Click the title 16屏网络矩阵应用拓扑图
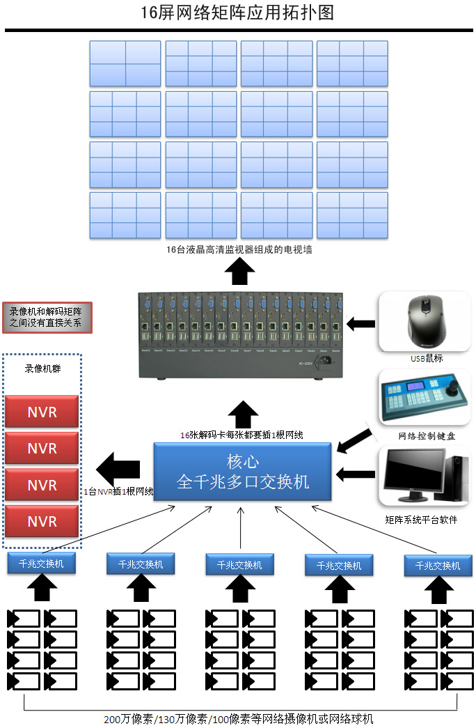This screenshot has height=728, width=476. pyautogui.click(x=237, y=13)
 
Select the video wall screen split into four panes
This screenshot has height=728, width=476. pyautogui.click(x=125, y=63)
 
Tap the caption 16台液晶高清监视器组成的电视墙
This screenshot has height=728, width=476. pyautogui.click(x=239, y=249)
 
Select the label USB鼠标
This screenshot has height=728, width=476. pyautogui.click(x=426, y=358)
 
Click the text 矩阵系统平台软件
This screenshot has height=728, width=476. pyautogui.click(x=421, y=520)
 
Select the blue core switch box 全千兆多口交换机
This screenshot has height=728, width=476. pyautogui.click(x=242, y=472)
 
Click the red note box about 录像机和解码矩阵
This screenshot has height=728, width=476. pyautogui.click(x=47, y=318)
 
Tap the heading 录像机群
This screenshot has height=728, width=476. pyautogui.click(x=42, y=369)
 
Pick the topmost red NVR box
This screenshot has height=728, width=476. pyautogui.click(x=42, y=412)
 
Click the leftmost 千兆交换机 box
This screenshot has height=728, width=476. pyautogui.click(x=41, y=564)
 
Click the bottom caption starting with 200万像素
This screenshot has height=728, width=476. pyautogui.click(x=239, y=719)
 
